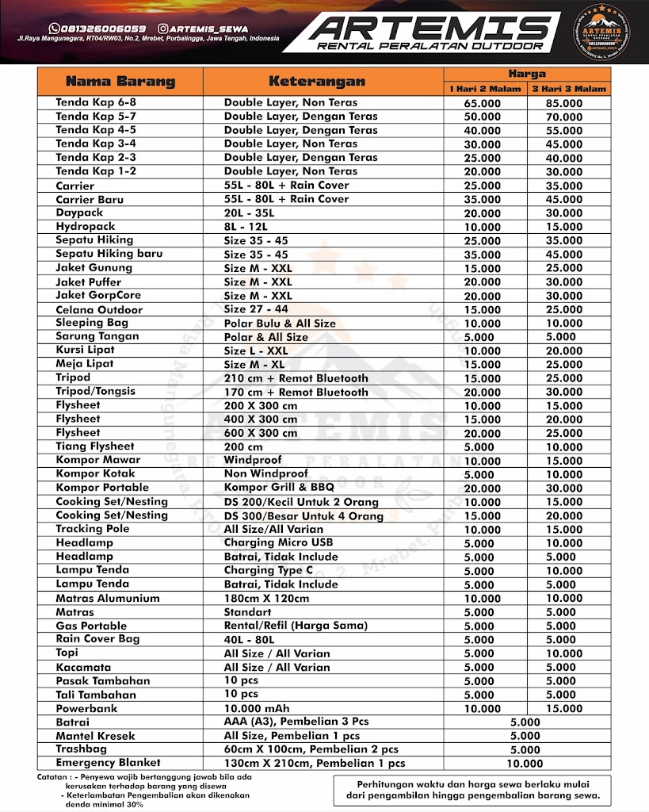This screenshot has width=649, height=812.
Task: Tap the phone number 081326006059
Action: pos(101,29)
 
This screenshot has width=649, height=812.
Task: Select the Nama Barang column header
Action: pos(120,82)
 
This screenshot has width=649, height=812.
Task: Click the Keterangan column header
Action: pos(317,82)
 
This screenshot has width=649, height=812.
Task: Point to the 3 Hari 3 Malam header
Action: pos(567,89)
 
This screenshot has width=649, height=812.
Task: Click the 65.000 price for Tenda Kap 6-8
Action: pos(482,103)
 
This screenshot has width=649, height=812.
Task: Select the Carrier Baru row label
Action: pos(90,199)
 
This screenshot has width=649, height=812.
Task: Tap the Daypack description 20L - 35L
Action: pos(249,213)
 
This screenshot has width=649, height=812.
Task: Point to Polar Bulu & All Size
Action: pos(280,323)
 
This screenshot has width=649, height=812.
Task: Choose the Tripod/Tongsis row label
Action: pos(95,391)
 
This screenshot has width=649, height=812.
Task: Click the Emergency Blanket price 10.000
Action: pos(525,764)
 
